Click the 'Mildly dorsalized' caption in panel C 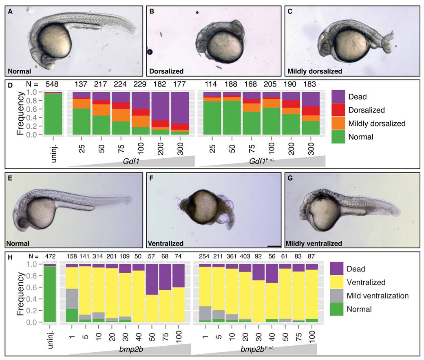[x=315, y=71]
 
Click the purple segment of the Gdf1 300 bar [x=180, y=108]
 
